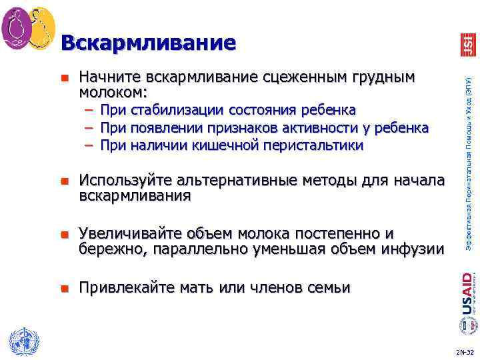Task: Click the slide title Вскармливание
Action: coord(147,43)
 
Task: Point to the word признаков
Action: coord(249,127)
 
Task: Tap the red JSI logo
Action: coord(466,44)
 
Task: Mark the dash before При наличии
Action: coord(89,145)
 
